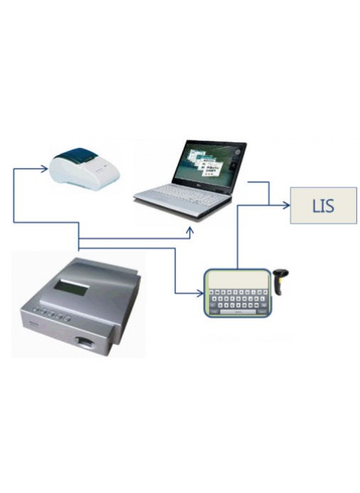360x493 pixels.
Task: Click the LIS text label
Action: tap(323, 205)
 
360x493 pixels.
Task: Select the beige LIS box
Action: tap(323, 205)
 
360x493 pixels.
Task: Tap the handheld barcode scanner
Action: tap(279, 282)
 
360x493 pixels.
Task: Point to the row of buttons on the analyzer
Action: tap(51, 314)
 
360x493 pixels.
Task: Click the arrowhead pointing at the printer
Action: tap(45, 169)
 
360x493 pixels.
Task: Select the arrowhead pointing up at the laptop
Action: tap(189, 231)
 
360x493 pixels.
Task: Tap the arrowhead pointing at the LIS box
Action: tap(286, 205)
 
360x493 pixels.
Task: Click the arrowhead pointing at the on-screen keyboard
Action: tap(200, 294)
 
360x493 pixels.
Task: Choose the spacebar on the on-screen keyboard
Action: tap(238, 312)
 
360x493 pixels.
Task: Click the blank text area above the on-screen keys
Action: tap(237, 279)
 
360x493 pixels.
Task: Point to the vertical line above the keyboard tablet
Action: tap(237, 237)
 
